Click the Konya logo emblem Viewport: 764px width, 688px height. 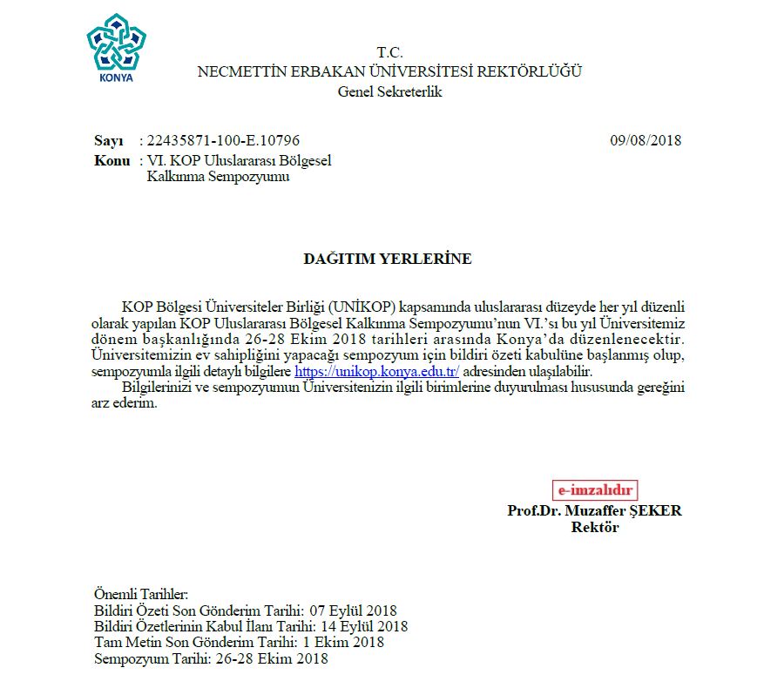click(116, 49)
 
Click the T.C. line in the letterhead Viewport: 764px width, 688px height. click(389, 53)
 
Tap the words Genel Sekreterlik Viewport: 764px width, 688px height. click(389, 91)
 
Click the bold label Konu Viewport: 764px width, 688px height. click(112, 161)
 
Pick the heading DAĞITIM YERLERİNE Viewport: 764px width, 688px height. click(387, 259)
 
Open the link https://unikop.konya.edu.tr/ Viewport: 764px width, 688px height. click(376, 370)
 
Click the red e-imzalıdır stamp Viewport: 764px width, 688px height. click(595, 490)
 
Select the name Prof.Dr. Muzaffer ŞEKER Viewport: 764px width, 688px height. click(594, 511)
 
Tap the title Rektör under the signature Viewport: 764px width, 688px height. click(594, 528)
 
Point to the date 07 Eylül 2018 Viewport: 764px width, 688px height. click(359, 610)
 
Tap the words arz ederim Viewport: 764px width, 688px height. click(125, 403)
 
